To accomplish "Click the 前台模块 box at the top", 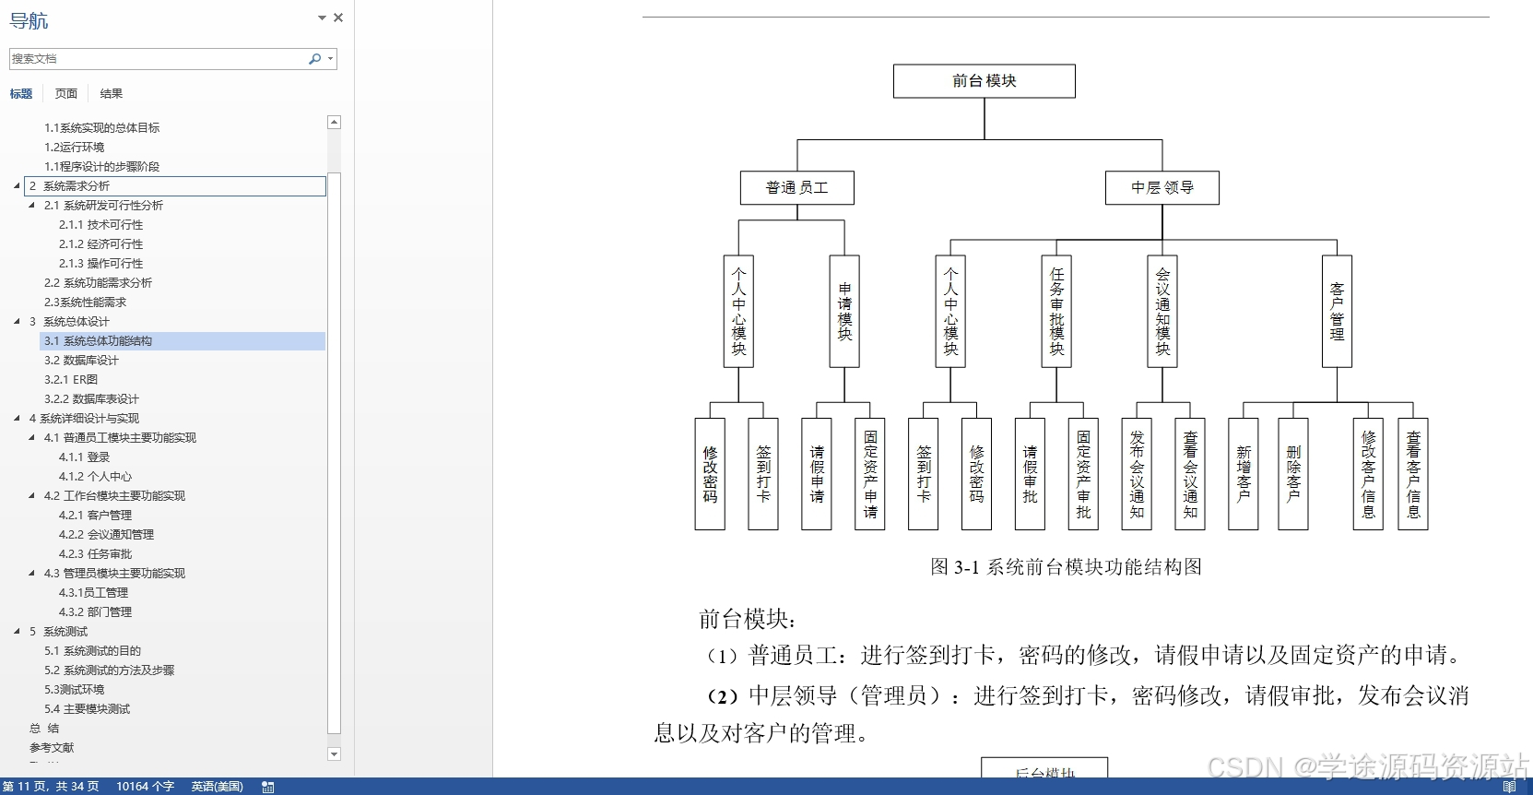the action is pyautogui.click(x=984, y=81).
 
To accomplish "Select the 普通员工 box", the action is pyautogui.click(x=796, y=188).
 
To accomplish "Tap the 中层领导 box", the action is pyautogui.click(x=1162, y=188).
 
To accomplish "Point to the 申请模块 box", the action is pyautogui.click(x=844, y=312).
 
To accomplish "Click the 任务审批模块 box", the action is pyautogui.click(x=1056, y=312).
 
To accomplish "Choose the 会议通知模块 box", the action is pyautogui.click(x=1162, y=312).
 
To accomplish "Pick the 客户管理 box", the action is pyautogui.click(x=1337, y=312).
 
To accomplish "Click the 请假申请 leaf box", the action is pyautogui.click(x=817, y=474).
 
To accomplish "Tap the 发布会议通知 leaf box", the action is pyautogui.click(x=1137, y=474).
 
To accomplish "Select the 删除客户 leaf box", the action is pyautogui.click(x=1293, y=474).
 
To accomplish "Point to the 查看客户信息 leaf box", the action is pyautogui.click(x=1413, y=474).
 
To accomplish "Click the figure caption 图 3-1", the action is pyautogui.click(x=1066, y=567).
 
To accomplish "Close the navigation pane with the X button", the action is pyautogui.click(x=338, y=18).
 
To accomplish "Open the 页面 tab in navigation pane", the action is pyautogui.click(x=66, y=93).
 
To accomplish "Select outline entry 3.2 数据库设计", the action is pyautogui.click(x=81, y=361).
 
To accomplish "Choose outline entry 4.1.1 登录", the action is pyautogui.click(x=84, y=457).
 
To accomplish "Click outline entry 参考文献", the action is pyautogui.click(x=52, y=748).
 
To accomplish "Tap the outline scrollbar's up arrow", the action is pyautogui.click(x=334, y=123).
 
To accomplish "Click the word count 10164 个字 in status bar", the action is pyautogui.click(x=145, y=787).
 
